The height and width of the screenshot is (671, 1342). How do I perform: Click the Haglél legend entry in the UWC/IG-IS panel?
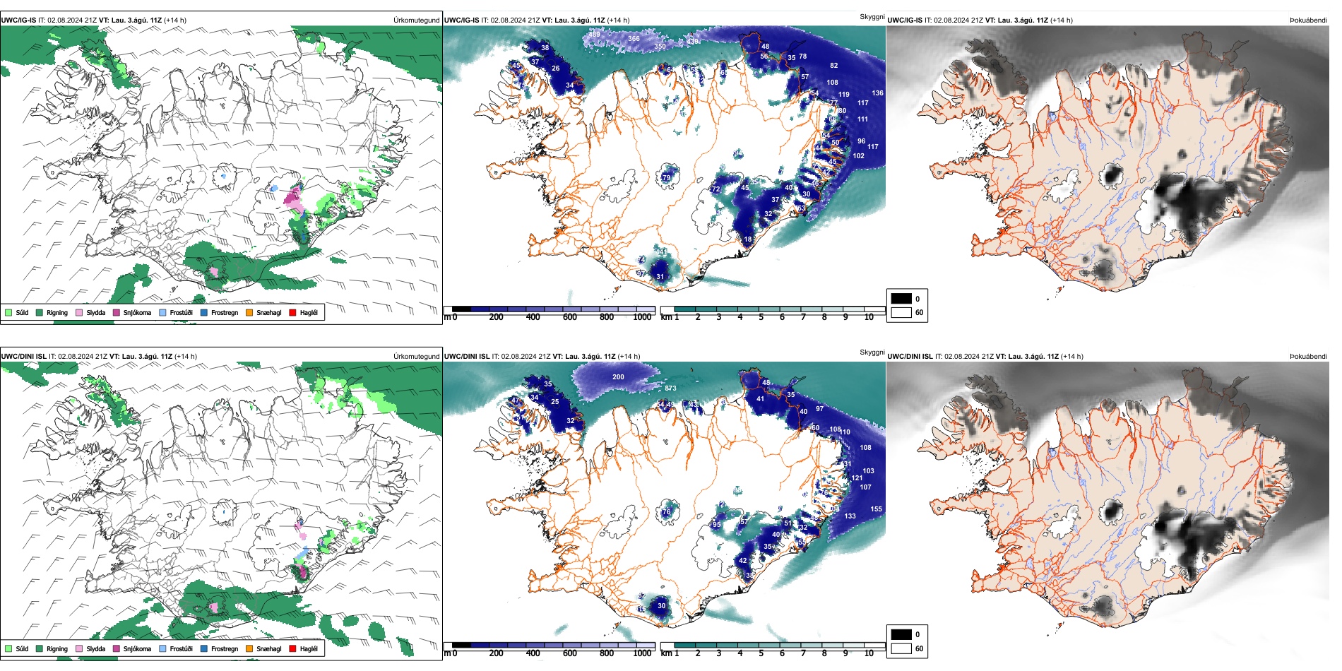304,312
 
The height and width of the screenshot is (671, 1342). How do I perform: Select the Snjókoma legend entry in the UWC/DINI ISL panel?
131,648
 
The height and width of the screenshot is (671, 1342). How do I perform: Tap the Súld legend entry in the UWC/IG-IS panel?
17,312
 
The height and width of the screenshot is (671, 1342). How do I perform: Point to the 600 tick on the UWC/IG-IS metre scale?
570,317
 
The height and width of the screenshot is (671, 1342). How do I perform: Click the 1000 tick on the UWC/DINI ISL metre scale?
642,653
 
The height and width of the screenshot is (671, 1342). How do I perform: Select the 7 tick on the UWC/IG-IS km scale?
803,317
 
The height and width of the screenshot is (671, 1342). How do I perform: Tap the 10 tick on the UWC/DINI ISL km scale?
869,653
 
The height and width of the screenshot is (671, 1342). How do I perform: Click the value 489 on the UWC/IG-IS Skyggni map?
594,34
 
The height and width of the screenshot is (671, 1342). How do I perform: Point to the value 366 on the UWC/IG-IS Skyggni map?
634,39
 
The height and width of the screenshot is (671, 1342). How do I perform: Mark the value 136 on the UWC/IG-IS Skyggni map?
877,93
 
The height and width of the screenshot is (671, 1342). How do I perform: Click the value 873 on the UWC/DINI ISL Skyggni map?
670,388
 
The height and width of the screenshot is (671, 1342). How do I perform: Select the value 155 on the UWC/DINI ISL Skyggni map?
876,509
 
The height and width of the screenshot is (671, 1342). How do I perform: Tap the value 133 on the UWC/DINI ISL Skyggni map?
850,516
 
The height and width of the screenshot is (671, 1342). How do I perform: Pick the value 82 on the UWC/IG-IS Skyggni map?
834,65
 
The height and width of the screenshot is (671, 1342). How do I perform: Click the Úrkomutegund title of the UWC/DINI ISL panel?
416,356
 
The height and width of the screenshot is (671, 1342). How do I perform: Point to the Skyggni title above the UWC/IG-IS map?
872,16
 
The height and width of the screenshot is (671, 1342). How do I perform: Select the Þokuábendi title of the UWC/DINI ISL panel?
1308,356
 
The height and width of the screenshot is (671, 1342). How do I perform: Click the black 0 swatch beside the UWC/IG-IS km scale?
901,299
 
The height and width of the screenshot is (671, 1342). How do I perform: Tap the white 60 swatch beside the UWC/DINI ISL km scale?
901,648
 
